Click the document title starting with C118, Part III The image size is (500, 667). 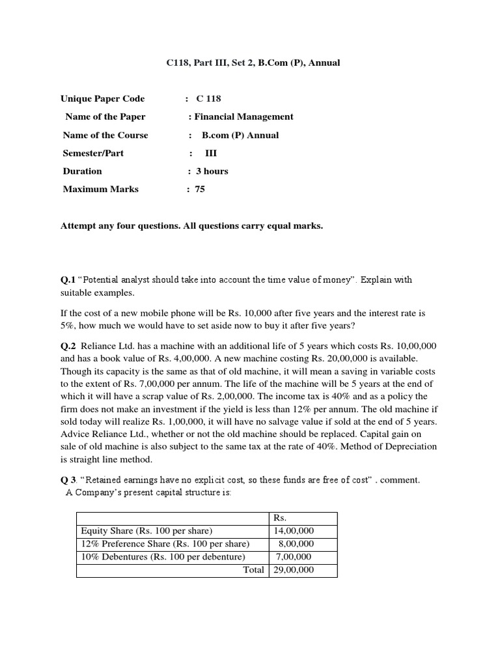250,63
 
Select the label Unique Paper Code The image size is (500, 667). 102,99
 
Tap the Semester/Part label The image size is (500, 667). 93,153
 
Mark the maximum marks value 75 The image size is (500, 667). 200,190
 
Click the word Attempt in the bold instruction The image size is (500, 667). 79,226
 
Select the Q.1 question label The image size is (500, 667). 68,280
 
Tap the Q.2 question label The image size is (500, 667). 68,347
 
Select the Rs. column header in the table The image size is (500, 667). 281,518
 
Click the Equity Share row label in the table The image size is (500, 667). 146,531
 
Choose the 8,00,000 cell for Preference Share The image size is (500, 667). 296,544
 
